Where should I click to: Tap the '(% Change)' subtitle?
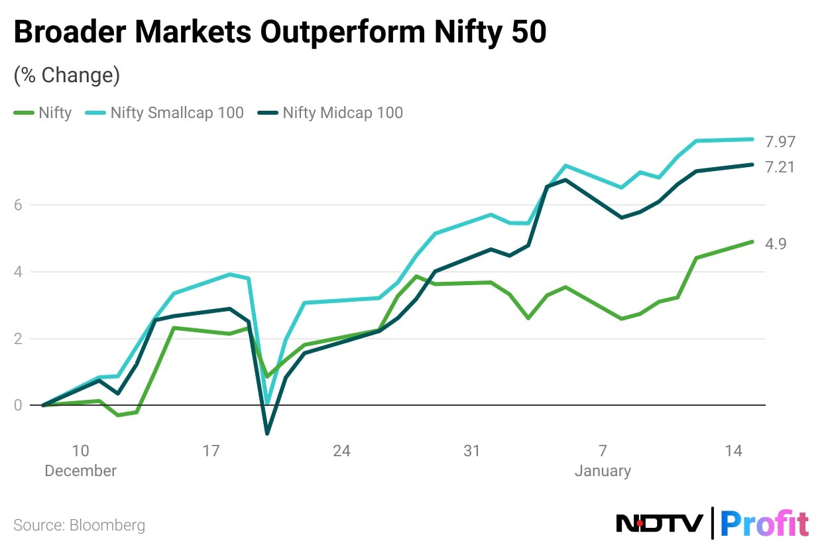(66, 76)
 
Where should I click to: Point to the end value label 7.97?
(780, 141)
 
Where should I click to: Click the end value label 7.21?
(780, 167)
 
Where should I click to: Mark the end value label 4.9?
(776, 244)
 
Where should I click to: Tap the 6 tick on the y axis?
(19, 205)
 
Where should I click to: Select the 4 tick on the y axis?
(19, 272)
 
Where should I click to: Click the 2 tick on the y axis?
(19, 339)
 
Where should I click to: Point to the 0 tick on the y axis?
(19, 405)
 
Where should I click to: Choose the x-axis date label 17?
(211, 451)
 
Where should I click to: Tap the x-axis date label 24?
(341, 451)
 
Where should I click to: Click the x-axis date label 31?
(471, 451)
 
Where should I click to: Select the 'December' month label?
(80, 471)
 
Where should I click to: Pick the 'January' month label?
(603, 471)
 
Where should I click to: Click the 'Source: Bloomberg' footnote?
(79, 526)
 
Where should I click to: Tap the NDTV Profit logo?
(713, 524)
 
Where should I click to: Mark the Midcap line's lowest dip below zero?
(267, 434)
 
